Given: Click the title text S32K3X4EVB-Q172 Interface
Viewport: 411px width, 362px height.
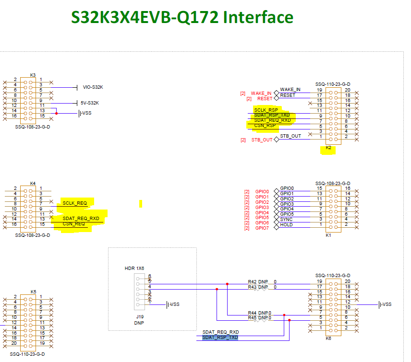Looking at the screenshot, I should (182, 17).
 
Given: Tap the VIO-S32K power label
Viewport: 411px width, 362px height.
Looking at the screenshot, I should (93, 87).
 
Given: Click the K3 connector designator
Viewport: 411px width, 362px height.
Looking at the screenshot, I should (33, 75).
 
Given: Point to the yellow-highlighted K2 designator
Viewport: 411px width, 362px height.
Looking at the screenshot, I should (328, 148).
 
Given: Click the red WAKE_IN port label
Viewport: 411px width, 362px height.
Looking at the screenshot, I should (261, 93).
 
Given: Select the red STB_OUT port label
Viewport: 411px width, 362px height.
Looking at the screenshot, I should (262, 140).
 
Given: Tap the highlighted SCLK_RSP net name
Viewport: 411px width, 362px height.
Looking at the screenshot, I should (266, 110).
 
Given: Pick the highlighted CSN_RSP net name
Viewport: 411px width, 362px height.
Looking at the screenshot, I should (265, 126).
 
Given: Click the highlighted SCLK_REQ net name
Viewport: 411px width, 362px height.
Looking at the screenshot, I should (74, 203).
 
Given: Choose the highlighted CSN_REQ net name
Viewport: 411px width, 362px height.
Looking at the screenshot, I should (73, 224).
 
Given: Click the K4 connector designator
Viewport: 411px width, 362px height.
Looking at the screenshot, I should (33, 183).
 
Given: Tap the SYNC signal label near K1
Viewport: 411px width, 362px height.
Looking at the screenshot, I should (286, 219).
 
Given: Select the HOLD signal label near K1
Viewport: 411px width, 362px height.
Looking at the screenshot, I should (286, 224).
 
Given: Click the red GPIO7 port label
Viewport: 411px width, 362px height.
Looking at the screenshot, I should (262, 228).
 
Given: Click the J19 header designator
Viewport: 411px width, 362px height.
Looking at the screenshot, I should (139, 317).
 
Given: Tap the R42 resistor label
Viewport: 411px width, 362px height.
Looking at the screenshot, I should (253, 282).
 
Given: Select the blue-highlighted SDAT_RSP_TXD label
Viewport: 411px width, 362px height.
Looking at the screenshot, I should (220, 338).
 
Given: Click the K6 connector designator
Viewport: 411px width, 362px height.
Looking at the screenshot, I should (328, 339).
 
